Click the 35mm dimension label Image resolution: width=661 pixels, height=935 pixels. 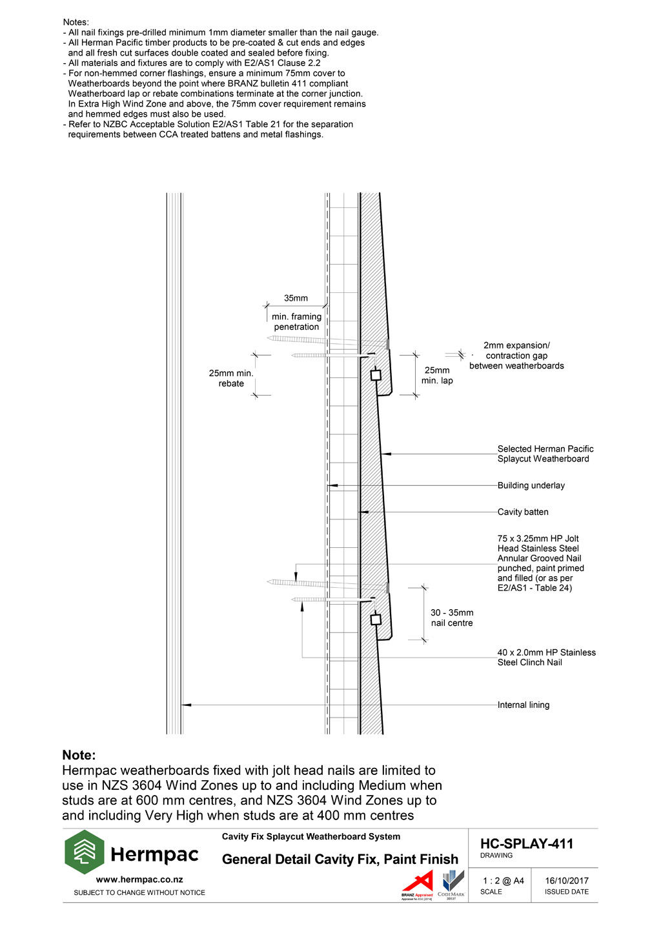(296, 298)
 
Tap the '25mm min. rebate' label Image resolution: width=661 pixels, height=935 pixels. (231, 378)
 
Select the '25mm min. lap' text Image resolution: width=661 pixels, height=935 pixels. (437, 376)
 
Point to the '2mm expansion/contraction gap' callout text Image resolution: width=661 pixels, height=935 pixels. (516, 356)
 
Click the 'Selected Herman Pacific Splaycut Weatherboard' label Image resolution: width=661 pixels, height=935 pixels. (545, 454)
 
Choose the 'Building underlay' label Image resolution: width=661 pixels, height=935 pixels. (531, 485)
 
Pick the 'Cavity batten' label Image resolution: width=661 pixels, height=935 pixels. (523, 512)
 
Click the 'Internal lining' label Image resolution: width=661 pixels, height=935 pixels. (523, 705)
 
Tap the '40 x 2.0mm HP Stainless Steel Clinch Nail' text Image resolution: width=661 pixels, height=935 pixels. (546, 657)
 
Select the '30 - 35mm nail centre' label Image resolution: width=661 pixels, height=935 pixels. (452, 618)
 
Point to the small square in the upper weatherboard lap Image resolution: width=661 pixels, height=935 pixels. (376, 375)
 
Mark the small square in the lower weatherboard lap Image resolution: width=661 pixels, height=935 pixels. (376, 619)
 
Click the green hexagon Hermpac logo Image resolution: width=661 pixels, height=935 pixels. (84, 852)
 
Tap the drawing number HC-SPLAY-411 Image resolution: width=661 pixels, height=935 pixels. (526, 843)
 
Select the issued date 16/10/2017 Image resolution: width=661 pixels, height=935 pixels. (566, 880)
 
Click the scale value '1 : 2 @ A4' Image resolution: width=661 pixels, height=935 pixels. (503, 880)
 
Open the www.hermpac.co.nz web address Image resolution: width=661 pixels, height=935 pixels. (139, 879)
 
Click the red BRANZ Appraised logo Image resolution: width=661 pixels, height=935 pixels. (418, 885)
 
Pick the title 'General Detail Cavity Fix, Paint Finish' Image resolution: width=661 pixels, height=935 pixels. (340, 859)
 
